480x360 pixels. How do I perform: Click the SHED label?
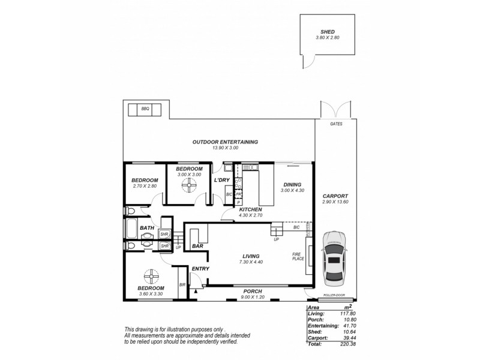pyautogui.click(x=328, y=32)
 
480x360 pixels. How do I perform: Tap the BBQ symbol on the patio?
pyautogui.click(x=145, y=109)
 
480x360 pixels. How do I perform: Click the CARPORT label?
pyautogui.click(x=335, y=196)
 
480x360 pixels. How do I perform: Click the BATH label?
pyautogui.click(x=147, y=228)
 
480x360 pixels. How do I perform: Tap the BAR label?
pyautogui.click(x=197, y=246)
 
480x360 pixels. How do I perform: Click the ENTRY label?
pyautogui.click(x=200, y=269)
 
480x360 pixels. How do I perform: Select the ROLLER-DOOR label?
pyautogui.click(x=334, y=295)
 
